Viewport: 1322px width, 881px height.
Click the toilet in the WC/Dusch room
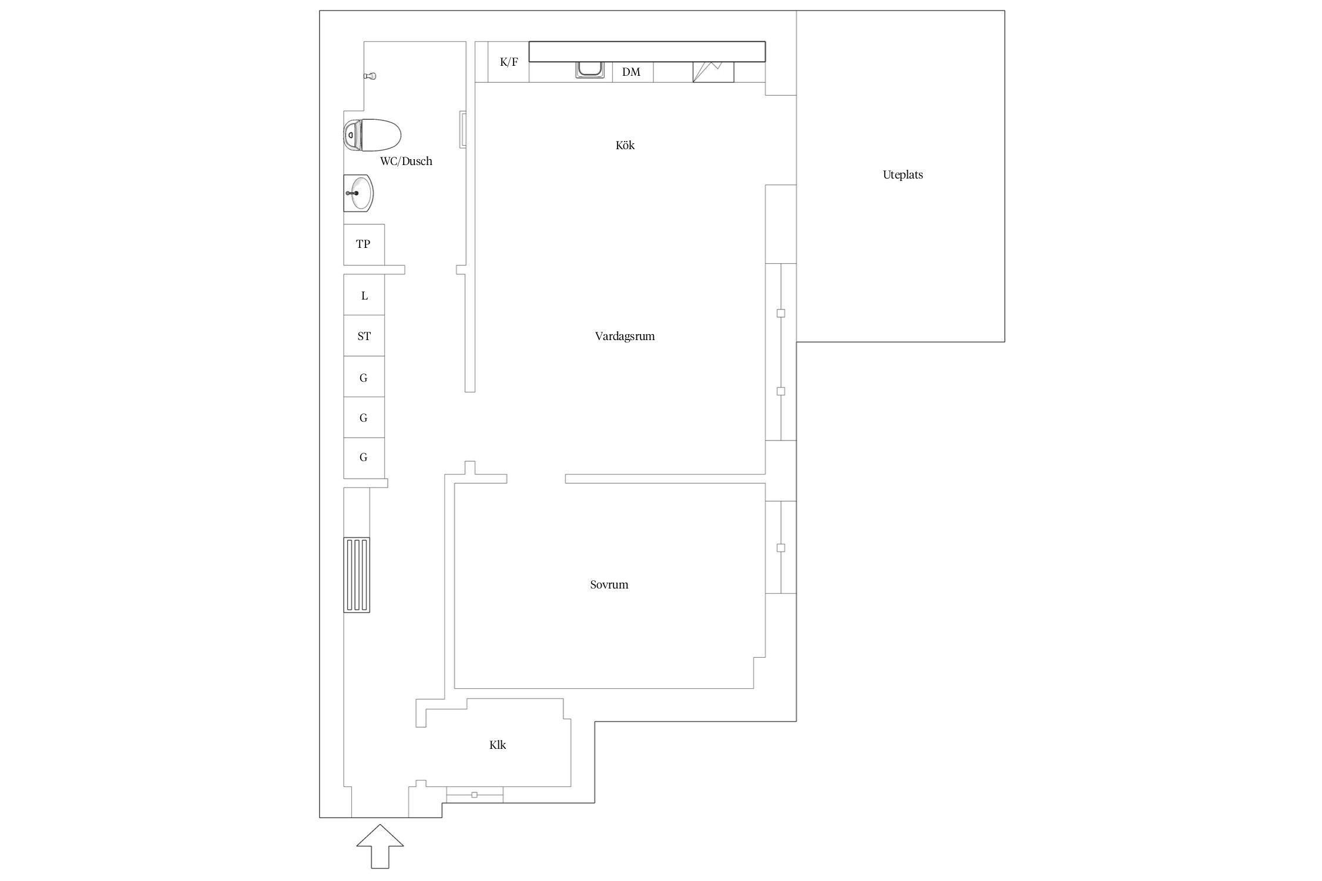pos(372,135)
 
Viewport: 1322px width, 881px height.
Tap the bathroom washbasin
pos(358,193)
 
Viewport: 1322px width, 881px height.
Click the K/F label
pos(509,62)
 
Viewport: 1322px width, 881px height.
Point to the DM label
pos(631,72)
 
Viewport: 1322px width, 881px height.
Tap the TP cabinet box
pos(364,244)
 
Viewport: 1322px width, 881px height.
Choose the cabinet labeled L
pos(364,295)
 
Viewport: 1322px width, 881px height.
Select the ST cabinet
pos(364,336)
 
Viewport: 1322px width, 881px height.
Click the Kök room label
pos(625,145)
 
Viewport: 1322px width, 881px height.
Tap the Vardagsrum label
pos(625,337)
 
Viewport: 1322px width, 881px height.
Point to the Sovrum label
pos(609,584)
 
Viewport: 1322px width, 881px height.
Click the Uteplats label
pos(902,175)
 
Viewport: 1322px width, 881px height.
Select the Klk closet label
pos(498,745)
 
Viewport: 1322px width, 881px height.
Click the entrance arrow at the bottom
pos(380,846)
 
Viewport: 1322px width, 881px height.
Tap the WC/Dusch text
pos(406,161)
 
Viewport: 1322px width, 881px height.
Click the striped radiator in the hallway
pos(357,575)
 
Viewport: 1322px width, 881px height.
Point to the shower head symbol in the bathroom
pos(370,76)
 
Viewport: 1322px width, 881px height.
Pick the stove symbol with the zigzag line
pos(713,72)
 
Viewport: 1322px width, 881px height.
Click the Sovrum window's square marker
pos(781,548)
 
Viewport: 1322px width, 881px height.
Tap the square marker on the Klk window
pos(475,795)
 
